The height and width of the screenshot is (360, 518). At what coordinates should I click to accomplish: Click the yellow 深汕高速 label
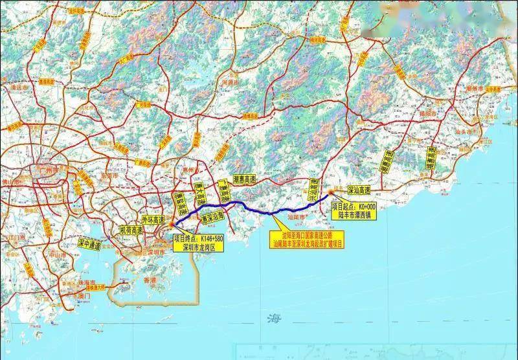359,191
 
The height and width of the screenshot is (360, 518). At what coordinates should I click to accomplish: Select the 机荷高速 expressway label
132,230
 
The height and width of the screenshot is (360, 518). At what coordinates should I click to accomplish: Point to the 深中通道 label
89,245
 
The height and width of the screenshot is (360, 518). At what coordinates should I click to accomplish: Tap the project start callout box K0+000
352,209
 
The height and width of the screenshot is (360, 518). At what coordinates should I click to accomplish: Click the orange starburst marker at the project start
331,192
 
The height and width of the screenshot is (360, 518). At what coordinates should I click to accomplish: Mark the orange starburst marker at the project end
172,224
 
